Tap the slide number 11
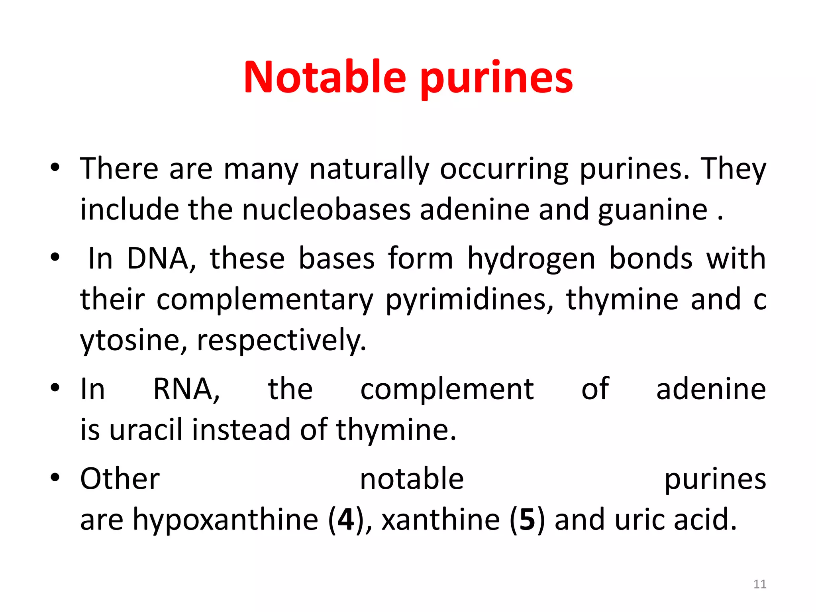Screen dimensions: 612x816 click(760, 584)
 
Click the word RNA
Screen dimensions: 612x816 click(186, 389)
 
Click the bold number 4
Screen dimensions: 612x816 click(345, 520)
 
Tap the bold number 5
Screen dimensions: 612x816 click(527, 520)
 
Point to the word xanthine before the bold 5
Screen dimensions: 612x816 click(441, 520)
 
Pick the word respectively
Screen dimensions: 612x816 click(281, 341)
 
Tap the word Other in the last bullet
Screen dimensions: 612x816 click(120, 479)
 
